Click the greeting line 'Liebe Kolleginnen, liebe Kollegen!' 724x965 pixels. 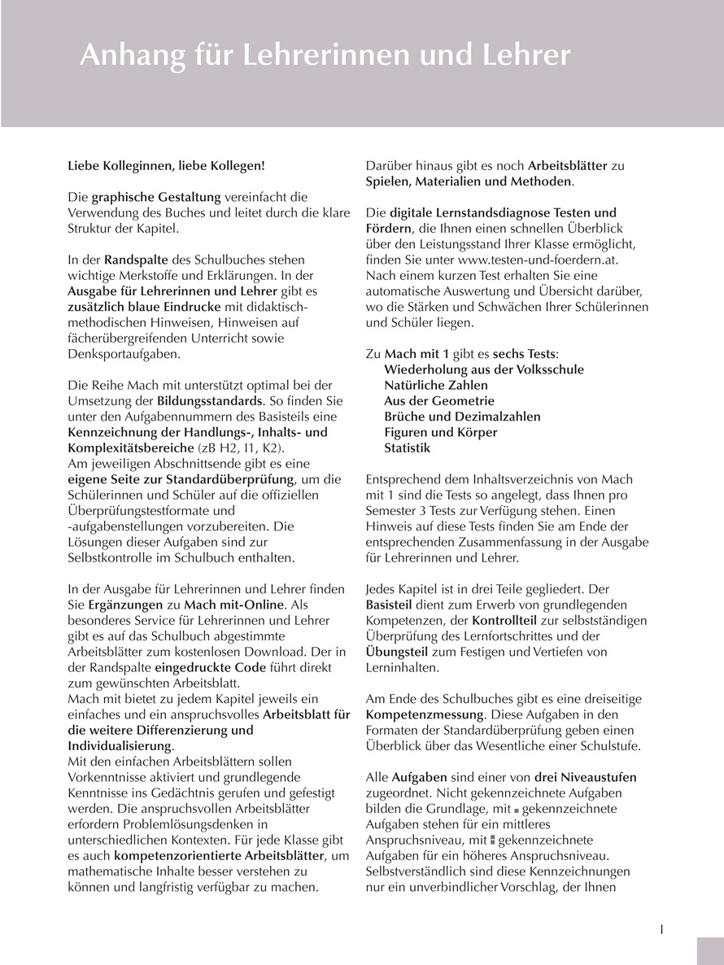(x=166, y=165)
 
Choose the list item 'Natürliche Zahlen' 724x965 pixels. (x=436, y=386)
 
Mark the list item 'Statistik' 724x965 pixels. (x=408, y=448)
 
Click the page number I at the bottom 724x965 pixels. (x=661, y=929)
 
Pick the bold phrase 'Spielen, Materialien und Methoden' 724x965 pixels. (x=469, y=181)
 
